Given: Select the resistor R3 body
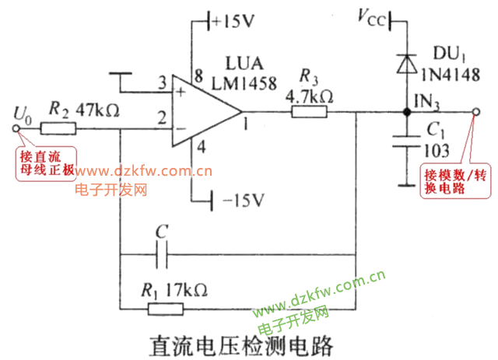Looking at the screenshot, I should point(309,112).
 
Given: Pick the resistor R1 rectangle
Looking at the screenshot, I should point(166,309).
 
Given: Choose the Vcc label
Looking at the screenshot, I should point(370,17).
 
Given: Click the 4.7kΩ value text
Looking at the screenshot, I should point(309,96).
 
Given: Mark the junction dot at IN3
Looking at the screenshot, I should point(405,113).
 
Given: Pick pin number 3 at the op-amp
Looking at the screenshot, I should point(161,83).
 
